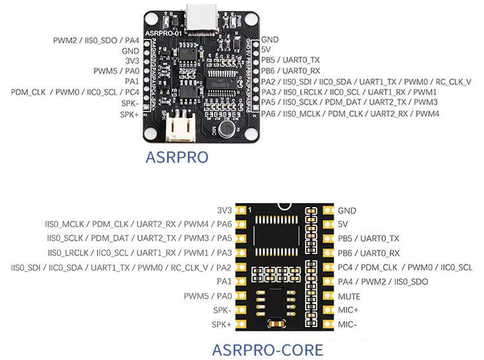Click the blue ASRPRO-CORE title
point(268,350)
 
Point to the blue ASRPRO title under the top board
point(177,157)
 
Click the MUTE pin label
point(349,296)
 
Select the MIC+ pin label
point(349,310)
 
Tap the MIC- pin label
point(348,325)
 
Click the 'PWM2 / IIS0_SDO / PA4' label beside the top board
point(96,40)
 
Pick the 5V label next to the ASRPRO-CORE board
point(343,225)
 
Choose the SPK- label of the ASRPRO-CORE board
point(222,310)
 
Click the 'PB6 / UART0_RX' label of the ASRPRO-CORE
point(368,254)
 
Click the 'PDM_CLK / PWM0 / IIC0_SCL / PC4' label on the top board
point(75,92)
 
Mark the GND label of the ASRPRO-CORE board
point(347,210)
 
